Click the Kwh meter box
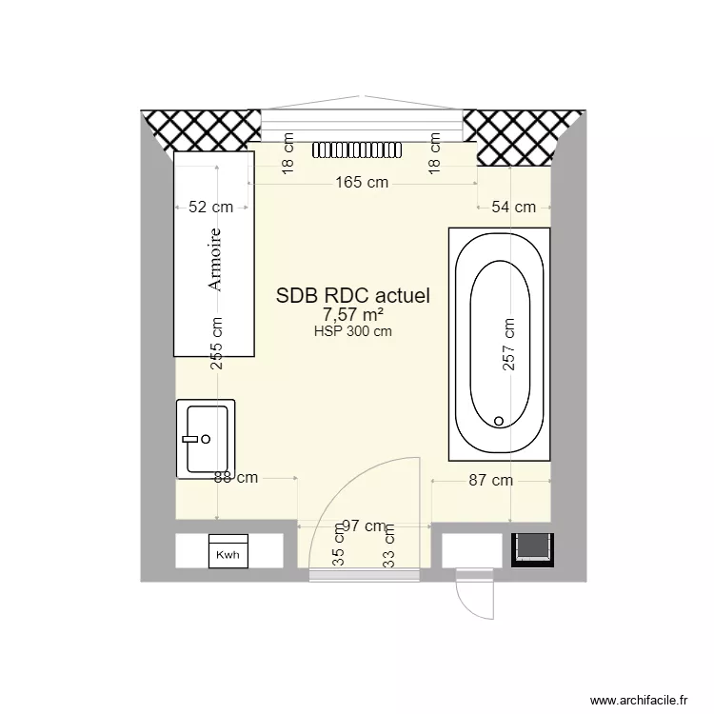pyautogui.click(x=228, y=552)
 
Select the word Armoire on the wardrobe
pyautogui.click(x=215, y=259)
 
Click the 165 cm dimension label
pyautogui.click(x=363, y=183)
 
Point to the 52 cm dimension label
pyautogui.click(x=210, y=207)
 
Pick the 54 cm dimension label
pyautogui.click(x=513, y=207)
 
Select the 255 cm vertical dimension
pyautogui.click(x=217, y=343)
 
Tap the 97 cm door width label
pyautogui.click(x=364, y=526)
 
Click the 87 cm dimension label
pyautogui.click(x=490, y=481)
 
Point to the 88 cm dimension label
pyautogui.click(x=236, y=478)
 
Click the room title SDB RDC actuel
pyautogui.click(x=353, y=296)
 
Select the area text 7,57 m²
pyautogui.click(x=353, y=315)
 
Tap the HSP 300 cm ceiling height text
pyautogui.click(x=353, y=331)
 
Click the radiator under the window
pyautogui.click(x=360, y=149)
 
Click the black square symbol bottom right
pyautogui.click(x=530, y=550)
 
